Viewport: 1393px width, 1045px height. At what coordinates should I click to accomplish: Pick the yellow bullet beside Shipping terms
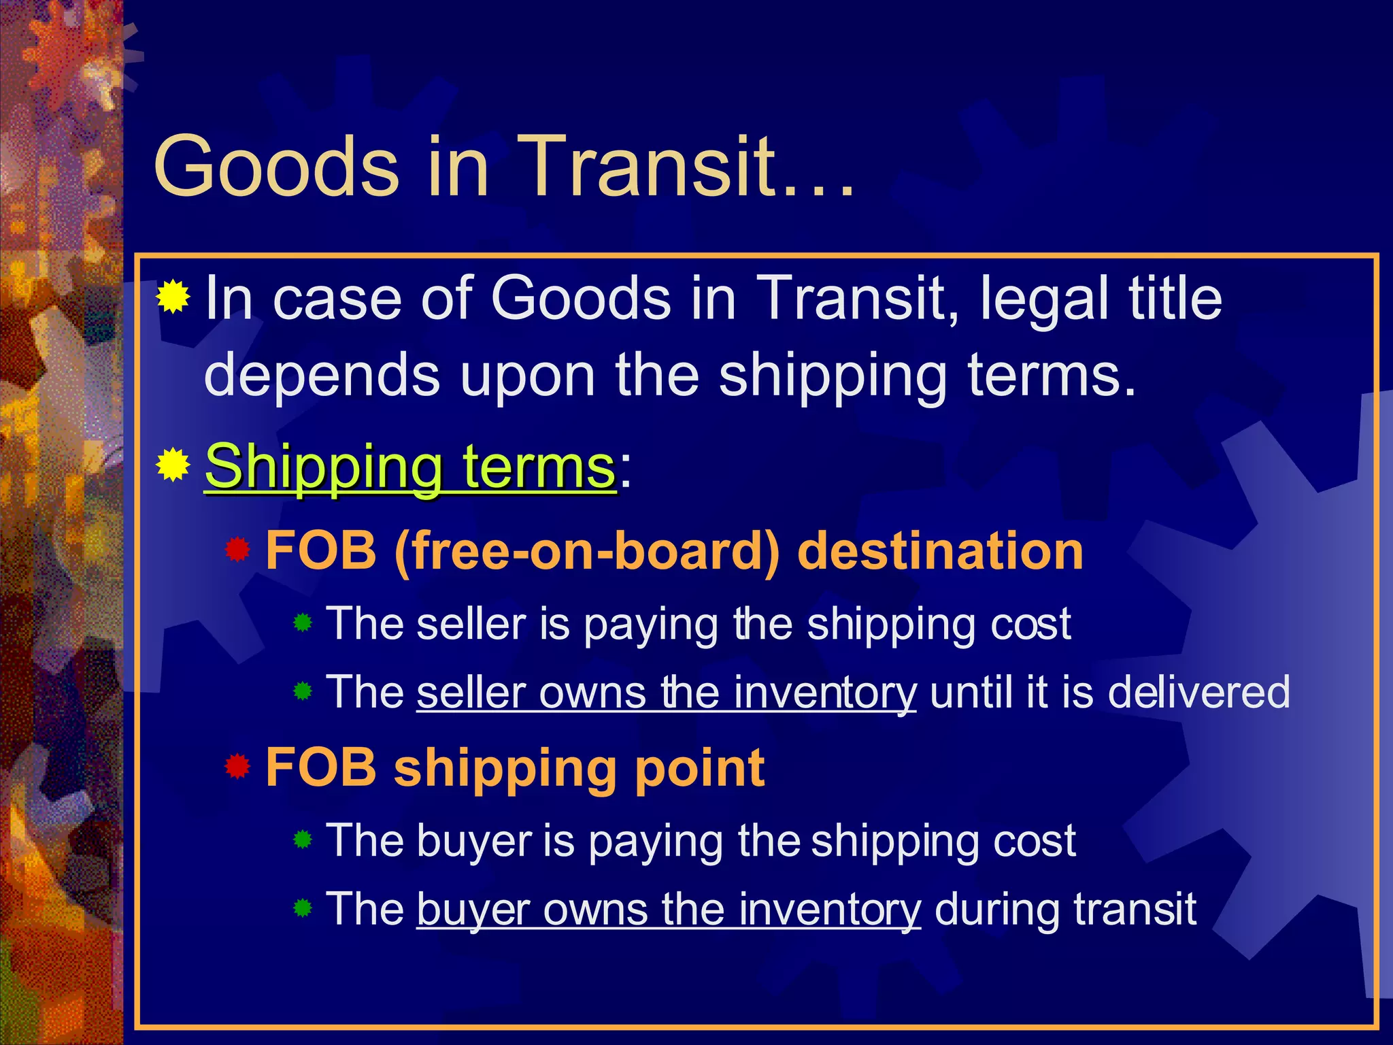[x=173, y=465]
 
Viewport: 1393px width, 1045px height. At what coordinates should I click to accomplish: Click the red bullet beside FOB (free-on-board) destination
[x=237, y=549]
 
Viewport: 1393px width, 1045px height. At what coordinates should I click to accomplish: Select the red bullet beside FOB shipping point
[x=237, y=767]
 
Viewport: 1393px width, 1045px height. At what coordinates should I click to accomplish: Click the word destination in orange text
[x=940, y=550]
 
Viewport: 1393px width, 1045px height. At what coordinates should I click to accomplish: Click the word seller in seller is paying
[x=471, y=624]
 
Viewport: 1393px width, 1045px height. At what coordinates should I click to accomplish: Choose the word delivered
[x=1198, y=693]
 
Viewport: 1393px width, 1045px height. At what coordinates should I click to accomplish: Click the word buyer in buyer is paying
[x=474, y=842]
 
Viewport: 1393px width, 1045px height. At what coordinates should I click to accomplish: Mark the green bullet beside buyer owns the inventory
[x=303, y=908]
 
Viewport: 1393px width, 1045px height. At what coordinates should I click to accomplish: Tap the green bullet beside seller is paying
[x=303, y=623]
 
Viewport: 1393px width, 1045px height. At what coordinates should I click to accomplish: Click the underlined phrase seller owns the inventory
[x=666, y=693]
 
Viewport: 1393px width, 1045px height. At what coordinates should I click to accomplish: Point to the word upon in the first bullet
[x=527, y=376]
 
